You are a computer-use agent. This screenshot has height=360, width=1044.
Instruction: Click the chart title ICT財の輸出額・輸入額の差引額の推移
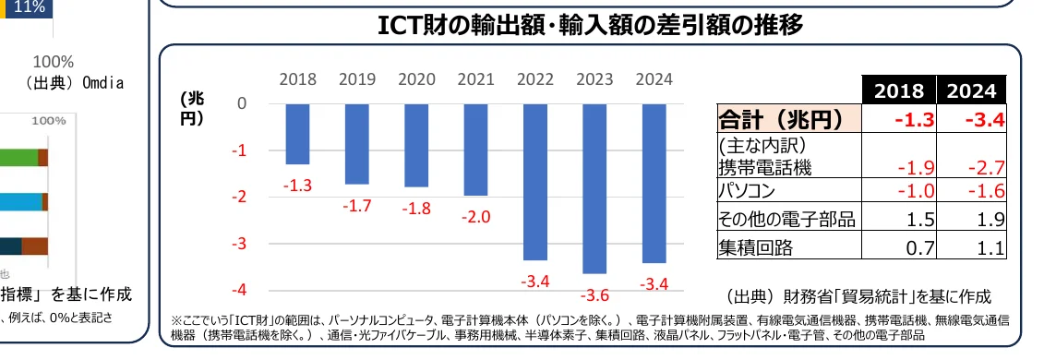[x=591, y=25]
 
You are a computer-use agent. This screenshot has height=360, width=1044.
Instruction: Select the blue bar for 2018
[x=297, y=134]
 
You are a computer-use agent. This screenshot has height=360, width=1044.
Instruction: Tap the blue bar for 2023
[x=594, y=188]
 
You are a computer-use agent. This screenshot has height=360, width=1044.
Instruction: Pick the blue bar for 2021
[x=475, y=150]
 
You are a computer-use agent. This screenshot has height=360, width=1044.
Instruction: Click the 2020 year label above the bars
[x=415, y=79]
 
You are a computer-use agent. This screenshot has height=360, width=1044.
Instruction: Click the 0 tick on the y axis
[x=242, y=103]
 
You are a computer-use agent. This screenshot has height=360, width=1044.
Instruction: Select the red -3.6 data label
[x=594, y=295]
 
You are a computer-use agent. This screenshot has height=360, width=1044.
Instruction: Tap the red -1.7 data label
[x=356, y=206]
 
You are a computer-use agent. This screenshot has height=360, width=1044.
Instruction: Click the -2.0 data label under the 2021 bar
[x=475, y=218]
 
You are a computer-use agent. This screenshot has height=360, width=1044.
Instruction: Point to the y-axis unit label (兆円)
[x=192, y=109]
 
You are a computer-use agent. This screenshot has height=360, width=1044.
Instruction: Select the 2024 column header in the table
[x=970, y=91]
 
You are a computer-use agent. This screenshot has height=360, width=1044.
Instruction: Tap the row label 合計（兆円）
[x=781, y=119]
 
